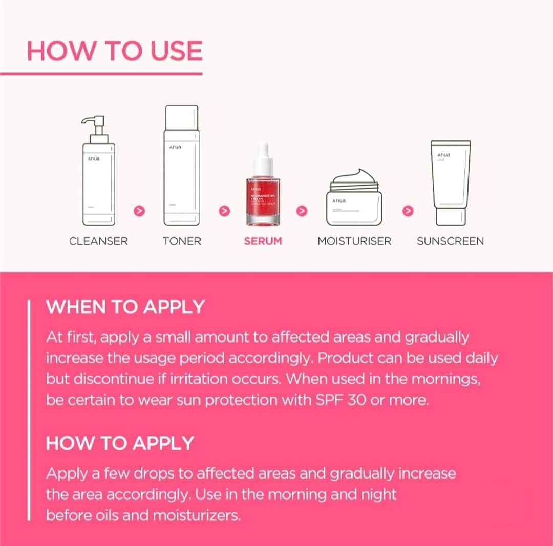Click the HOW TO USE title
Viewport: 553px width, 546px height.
pos(115,51)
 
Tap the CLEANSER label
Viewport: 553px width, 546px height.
pos(98,241)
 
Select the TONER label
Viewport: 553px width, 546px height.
pos(182,241)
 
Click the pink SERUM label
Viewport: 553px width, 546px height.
pos(263,241)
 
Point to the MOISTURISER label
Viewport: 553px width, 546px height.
pos(354,241)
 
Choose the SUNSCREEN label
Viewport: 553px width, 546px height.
pos(450,241)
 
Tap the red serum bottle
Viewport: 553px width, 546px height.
pos(263,199)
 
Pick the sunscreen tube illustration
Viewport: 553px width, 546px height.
pos(450,181)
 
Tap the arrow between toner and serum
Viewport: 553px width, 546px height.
pos(224,211)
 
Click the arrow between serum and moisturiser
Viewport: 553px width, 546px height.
pos(302,211)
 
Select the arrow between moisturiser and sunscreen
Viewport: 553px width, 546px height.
pos(408,211)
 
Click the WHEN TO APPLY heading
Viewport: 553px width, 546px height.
pos(125,307)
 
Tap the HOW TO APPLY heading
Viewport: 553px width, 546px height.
pos(120,443)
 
